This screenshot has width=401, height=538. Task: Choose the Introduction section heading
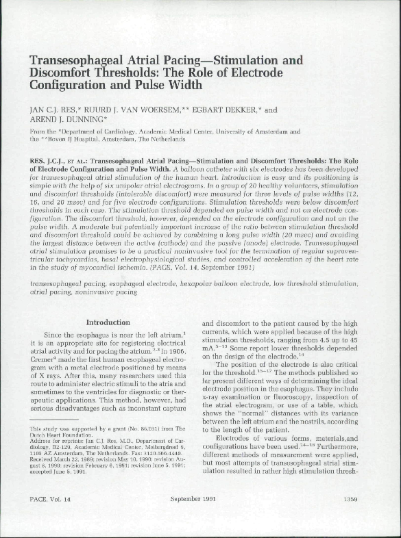tap(107, 322)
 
